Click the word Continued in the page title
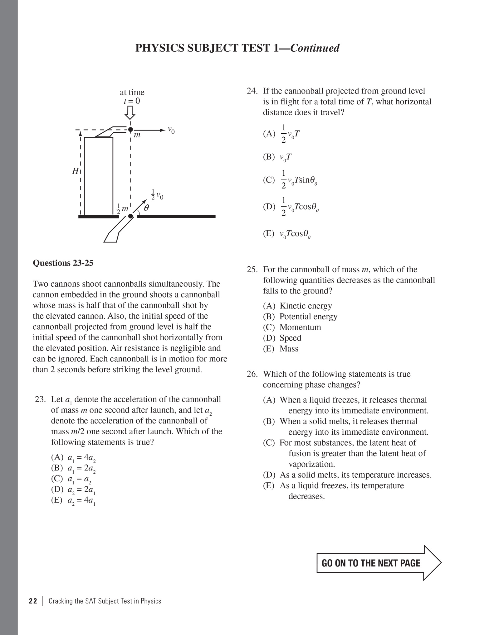pos(315,48)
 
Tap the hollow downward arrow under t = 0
pos(130,113)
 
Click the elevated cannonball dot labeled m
pos(130,129)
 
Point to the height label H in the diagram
pos(75,171)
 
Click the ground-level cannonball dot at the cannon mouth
pos(130,216)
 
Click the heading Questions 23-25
pos(63,263)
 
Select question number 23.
pos(40,399)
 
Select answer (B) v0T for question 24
pos(277,157)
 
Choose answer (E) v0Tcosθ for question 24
pos(287,234)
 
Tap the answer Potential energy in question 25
pos(308,317)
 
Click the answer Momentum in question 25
pos(300,327)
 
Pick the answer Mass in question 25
pos(289,349)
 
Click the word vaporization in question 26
pos(311,464)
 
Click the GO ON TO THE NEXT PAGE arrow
pos(379,563)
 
